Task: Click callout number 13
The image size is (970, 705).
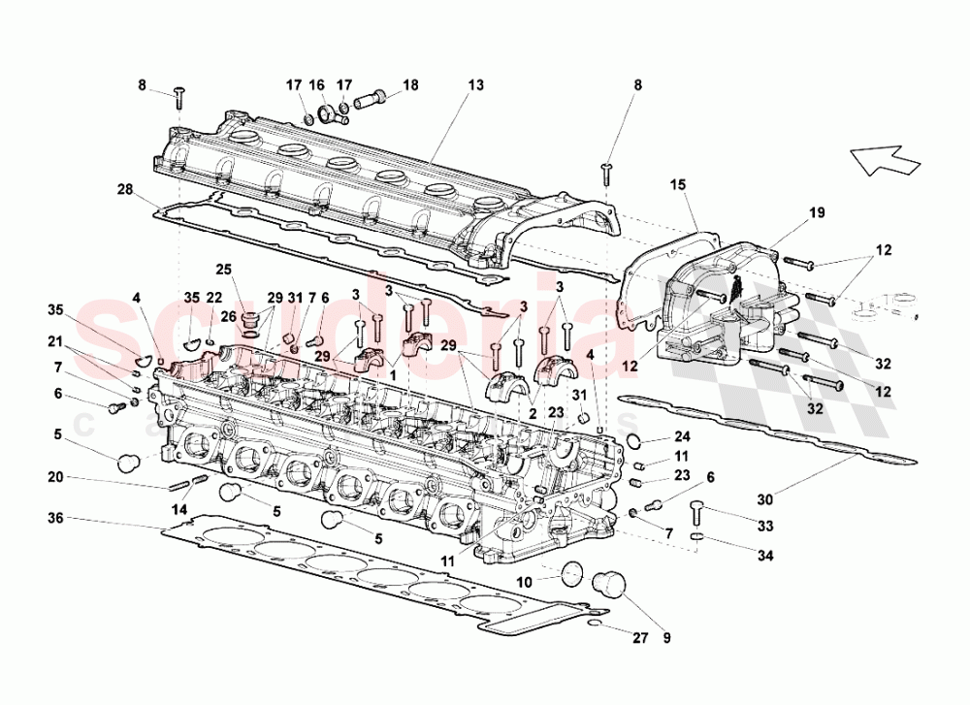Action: pos(474,85)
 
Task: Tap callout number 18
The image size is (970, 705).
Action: pos(410,85)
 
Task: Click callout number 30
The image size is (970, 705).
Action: pos(765,500)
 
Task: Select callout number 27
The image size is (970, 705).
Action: pos(524,583)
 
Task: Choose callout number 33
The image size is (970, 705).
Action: pos(765,527)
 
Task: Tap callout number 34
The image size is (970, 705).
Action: pos(765,555)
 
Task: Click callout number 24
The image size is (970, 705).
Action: pos(682,435)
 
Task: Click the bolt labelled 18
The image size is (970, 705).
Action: pos(372,97)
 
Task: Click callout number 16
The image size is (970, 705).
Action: pos(316,85)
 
